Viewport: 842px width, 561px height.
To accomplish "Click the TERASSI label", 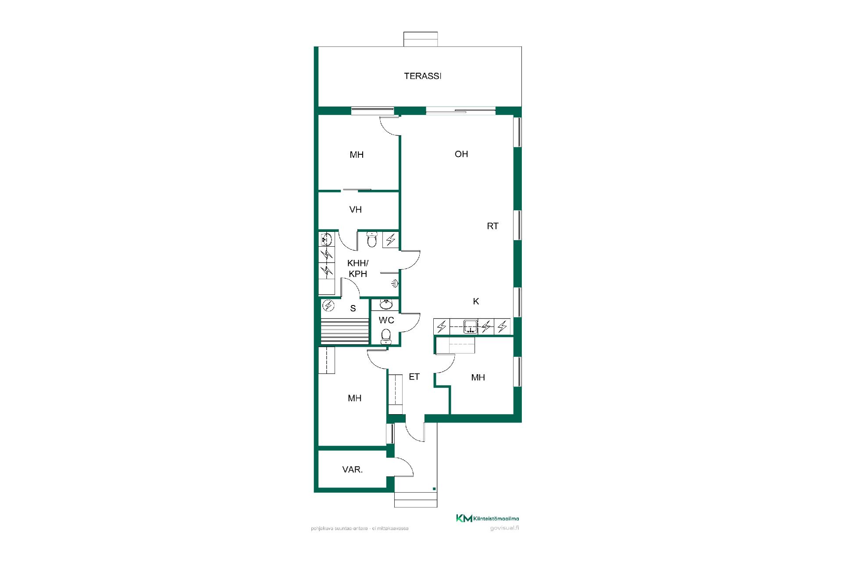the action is click(x=422, y=76).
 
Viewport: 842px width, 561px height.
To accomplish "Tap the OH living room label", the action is click(x=461, y=154).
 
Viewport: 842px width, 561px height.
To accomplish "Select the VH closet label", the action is click(x=356, y=209).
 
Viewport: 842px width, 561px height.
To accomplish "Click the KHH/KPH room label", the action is click(x=358, y=268).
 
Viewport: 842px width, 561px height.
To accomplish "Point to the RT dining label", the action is click(x=492, y=226).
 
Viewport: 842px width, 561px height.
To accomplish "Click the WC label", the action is click(x=386, y=320).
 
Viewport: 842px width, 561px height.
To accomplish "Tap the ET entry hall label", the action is click(x=414, y=376).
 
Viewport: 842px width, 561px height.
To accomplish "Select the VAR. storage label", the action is click(x=353, y=470).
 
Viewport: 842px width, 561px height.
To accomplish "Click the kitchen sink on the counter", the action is click(x=471, y=327).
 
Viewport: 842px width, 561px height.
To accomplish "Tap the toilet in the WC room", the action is click(x=386, y=335).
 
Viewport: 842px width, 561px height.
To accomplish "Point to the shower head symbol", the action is click(x=395, y=284).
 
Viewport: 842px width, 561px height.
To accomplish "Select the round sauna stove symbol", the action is click(x=328, y=305).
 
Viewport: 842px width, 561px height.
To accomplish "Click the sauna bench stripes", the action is click(x=345, y=332).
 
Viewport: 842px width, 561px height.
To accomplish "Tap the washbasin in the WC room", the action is click(x=386, y=304).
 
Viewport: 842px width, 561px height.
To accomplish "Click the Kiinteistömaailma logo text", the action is click(x=496, y=519).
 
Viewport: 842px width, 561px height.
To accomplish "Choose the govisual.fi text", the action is click(x=505, y=528).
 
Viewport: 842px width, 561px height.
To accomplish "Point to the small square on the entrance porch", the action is click(x=434, y=489).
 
